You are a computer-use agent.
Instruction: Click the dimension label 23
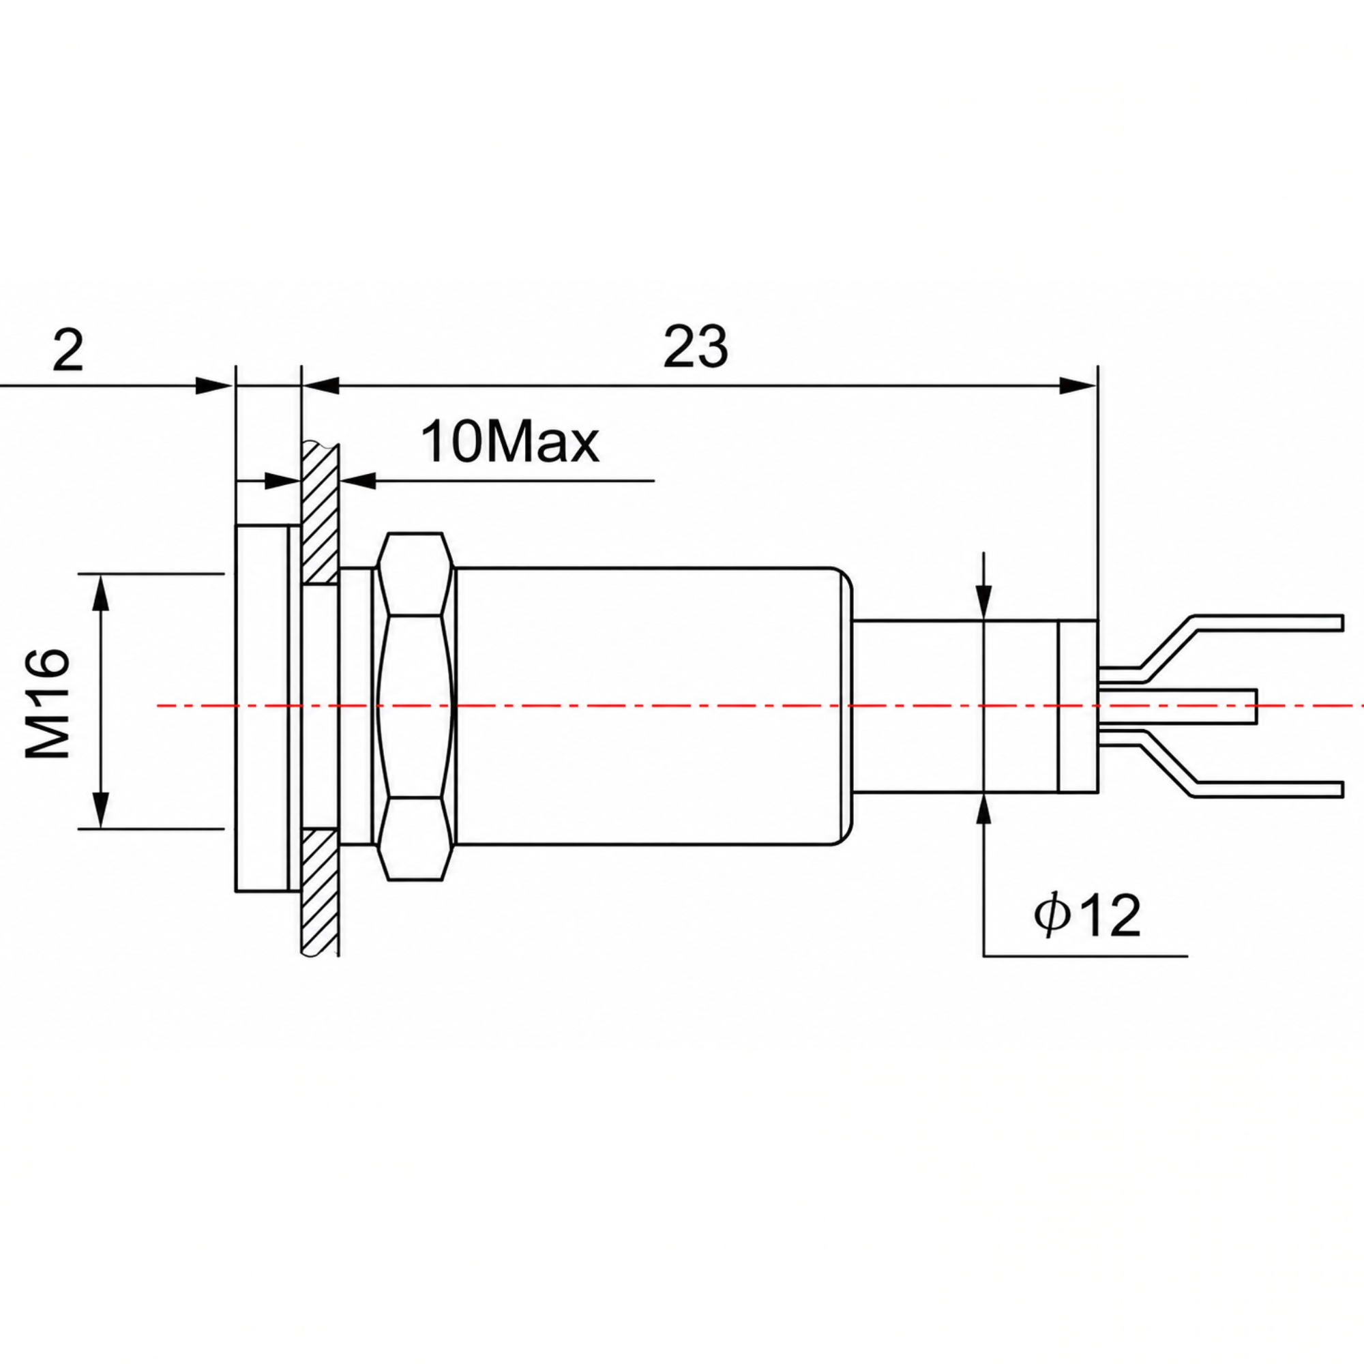click(695, 346)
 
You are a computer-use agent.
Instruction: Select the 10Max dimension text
click(509, 443)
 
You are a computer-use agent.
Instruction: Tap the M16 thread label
click(49, 704)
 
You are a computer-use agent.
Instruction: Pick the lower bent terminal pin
click(1221, 764)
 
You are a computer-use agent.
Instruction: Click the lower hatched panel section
click(321, 894)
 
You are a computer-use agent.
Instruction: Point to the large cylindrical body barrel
click(654, 706)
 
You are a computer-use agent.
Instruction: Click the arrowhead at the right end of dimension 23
click(1079, 385)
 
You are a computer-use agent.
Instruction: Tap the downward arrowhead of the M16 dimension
click(102, 809)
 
